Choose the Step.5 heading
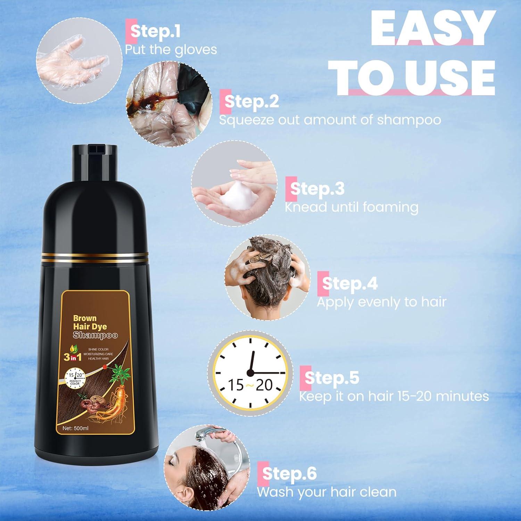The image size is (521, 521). click(x=332, y=378)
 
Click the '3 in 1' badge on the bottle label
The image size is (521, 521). click(x=73, y=357)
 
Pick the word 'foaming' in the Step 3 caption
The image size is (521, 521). click(x=390, y=207)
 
